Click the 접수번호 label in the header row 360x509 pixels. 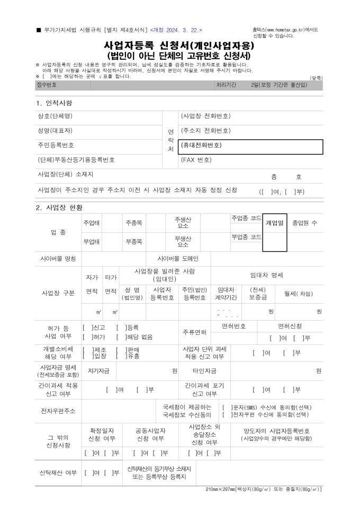(x=47, y=85)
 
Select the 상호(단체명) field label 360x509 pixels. (x=55, y=116)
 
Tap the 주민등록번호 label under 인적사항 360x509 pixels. (x=56, y=145)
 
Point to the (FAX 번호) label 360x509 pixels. (x=196, y=160)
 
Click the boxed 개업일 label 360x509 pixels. (x=275, y=223)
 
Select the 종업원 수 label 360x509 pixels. (x=305, y=223)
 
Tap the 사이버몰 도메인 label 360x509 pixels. (x=178, y=259)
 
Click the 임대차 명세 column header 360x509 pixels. (x=266, y=275)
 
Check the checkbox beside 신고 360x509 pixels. (x=85, y=328)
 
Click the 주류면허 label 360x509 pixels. (x=194, y=332)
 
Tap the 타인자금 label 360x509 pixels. (x=204, y=371)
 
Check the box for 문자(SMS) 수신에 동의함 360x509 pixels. (x=227, y=407)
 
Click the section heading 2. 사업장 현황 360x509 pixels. (x=59, y=207)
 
